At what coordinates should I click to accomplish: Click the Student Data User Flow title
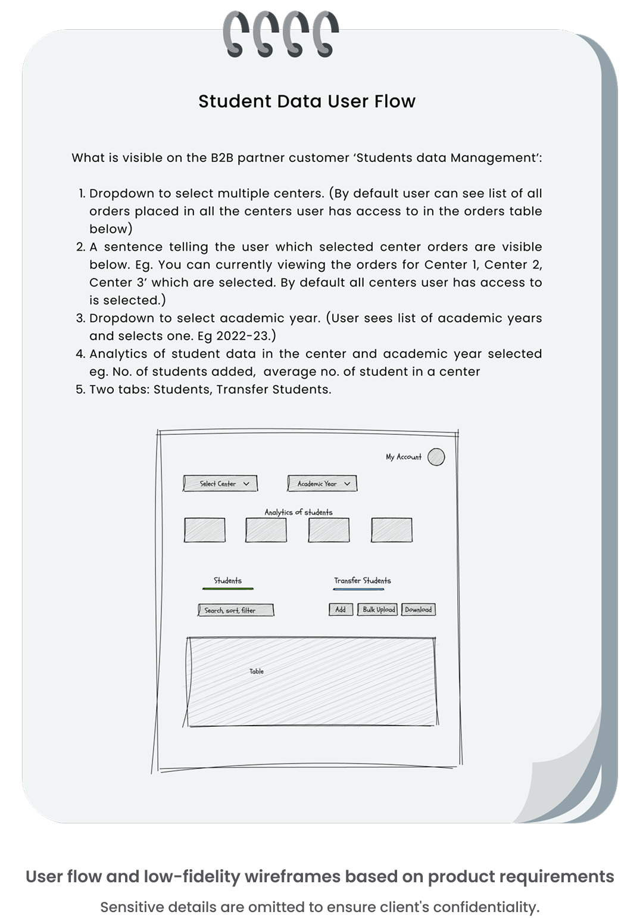click(307, 101)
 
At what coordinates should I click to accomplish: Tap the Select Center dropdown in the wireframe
click(220, 484)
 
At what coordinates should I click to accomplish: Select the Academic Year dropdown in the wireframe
click(322, 484)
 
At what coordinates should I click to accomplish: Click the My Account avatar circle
click(436, 457)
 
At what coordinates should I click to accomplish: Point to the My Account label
click(403, 457)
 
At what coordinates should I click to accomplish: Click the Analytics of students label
click(298, 512)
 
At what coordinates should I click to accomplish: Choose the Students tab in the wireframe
click(227, 581)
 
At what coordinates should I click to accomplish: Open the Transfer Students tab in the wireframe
click(362, 581)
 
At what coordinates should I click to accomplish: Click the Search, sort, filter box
click(236, 610)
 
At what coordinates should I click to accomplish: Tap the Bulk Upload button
click(378, 609)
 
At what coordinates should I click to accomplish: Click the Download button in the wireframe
click(418, 609)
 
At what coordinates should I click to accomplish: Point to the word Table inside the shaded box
click(257, 671)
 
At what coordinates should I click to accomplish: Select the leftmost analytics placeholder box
click(205, 530)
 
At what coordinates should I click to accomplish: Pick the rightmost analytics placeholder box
click(391, 530)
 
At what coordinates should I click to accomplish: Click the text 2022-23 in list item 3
click(243, 336)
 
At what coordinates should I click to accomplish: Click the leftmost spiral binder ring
click(235, 35)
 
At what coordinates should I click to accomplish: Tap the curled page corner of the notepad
click(557, 786)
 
